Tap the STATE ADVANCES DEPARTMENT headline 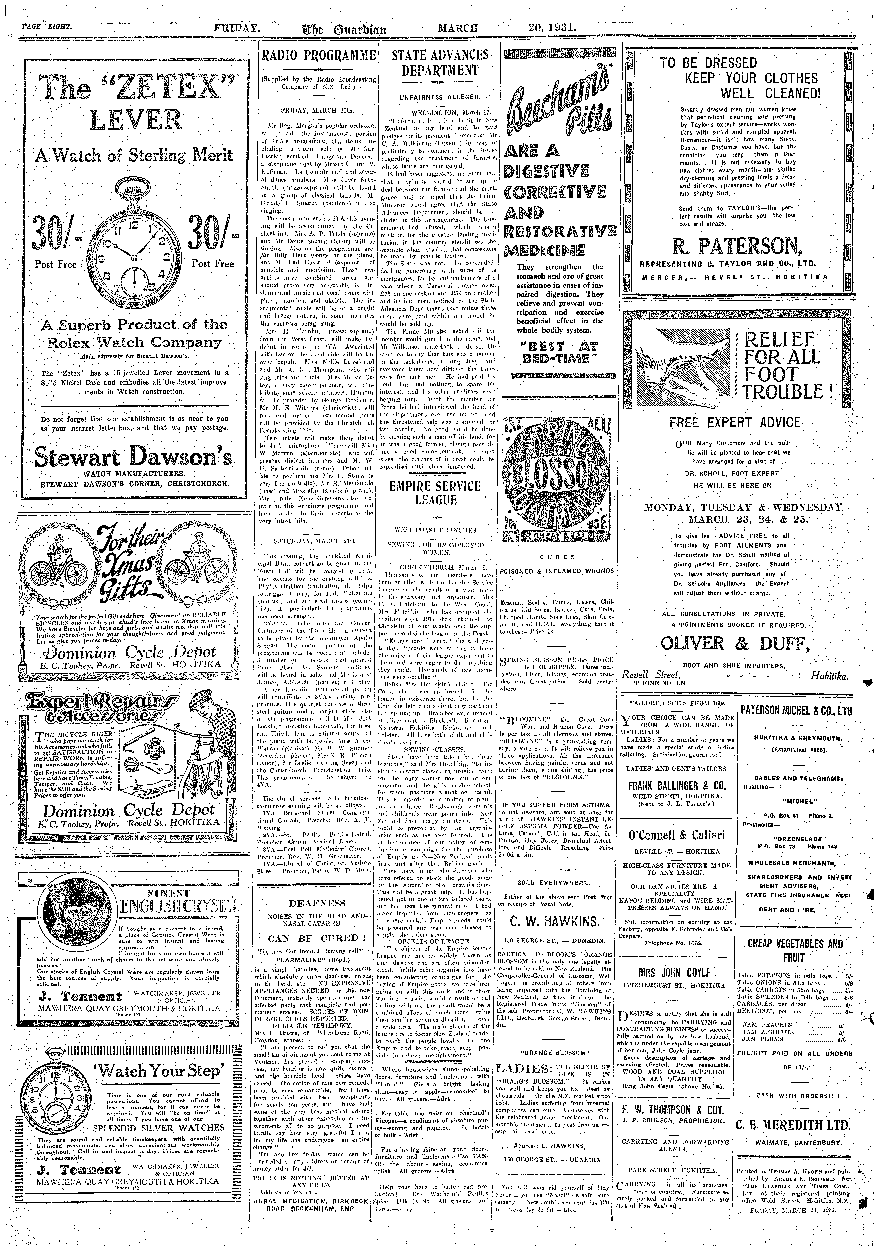[440, 63]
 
